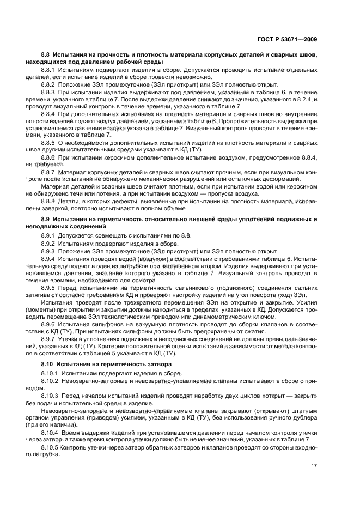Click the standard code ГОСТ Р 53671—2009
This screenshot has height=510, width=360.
pyautogui.click(x=289, y=39)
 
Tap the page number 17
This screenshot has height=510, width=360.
pyautogui.click(x=314, y=465)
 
